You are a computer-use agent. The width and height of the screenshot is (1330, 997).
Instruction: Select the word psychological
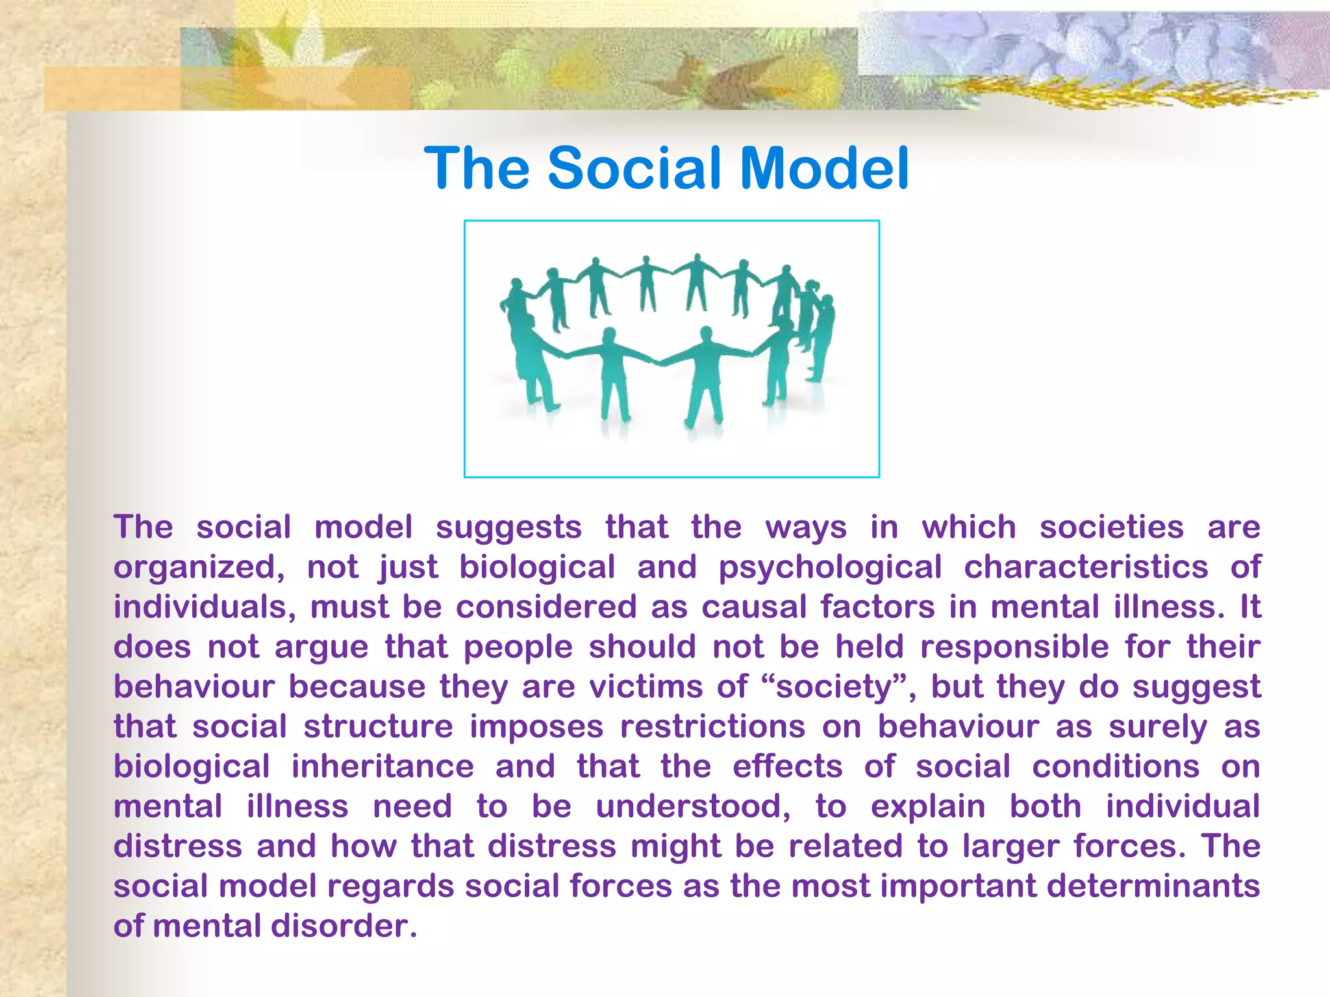pyautogui.click(x=829, y=568)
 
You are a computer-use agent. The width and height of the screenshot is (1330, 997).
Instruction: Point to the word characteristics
pyautogui.click(x=1085, y=567)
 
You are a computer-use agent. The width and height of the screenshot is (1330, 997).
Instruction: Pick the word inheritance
pyautogui.click(x=382, y=767)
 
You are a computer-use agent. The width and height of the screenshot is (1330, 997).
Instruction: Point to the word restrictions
pyautogui.click(x=712, y=727)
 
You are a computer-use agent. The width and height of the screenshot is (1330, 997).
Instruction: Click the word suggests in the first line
pyautogui.click(x=508, y=528)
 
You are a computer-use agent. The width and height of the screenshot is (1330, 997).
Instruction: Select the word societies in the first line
pyautogui.click(x=1111, y=528)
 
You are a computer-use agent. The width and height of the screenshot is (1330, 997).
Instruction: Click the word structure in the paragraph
pyautogui.click(x=378, y=727)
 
